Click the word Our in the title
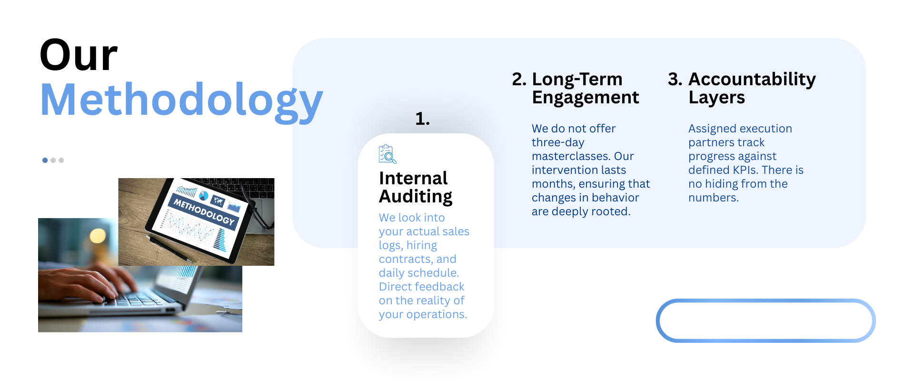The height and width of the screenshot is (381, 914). click(79, 55)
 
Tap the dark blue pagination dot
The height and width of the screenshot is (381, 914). click(45, 160)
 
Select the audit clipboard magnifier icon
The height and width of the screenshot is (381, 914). click(387, 154)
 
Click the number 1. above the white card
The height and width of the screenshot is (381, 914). click(422, 119)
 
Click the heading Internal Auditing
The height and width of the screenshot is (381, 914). click(416, 187)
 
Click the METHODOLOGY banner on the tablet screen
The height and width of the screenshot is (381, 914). click(204, 212)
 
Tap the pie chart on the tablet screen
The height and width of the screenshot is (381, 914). click(204, 195)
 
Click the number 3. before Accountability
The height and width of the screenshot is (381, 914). click(675, 79)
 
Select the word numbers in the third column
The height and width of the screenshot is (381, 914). click(713, 198)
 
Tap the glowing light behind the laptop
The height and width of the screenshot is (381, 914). click(98, 235)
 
